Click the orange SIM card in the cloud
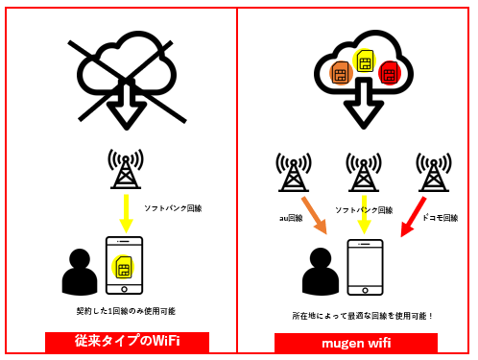pos(340,74)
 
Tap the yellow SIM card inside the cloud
pos(365,61)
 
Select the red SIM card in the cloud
pos(389,72)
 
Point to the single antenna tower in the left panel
pos(126,169)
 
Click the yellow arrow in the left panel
pos(126,211)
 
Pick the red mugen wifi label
pos(355,342)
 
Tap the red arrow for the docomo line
pos(412,218)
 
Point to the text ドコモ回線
pos(440,218)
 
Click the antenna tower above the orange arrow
pos(294,172)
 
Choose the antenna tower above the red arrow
pos(434,172)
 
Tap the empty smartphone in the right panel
pos(365,267)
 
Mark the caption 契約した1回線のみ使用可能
pos(126,311)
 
